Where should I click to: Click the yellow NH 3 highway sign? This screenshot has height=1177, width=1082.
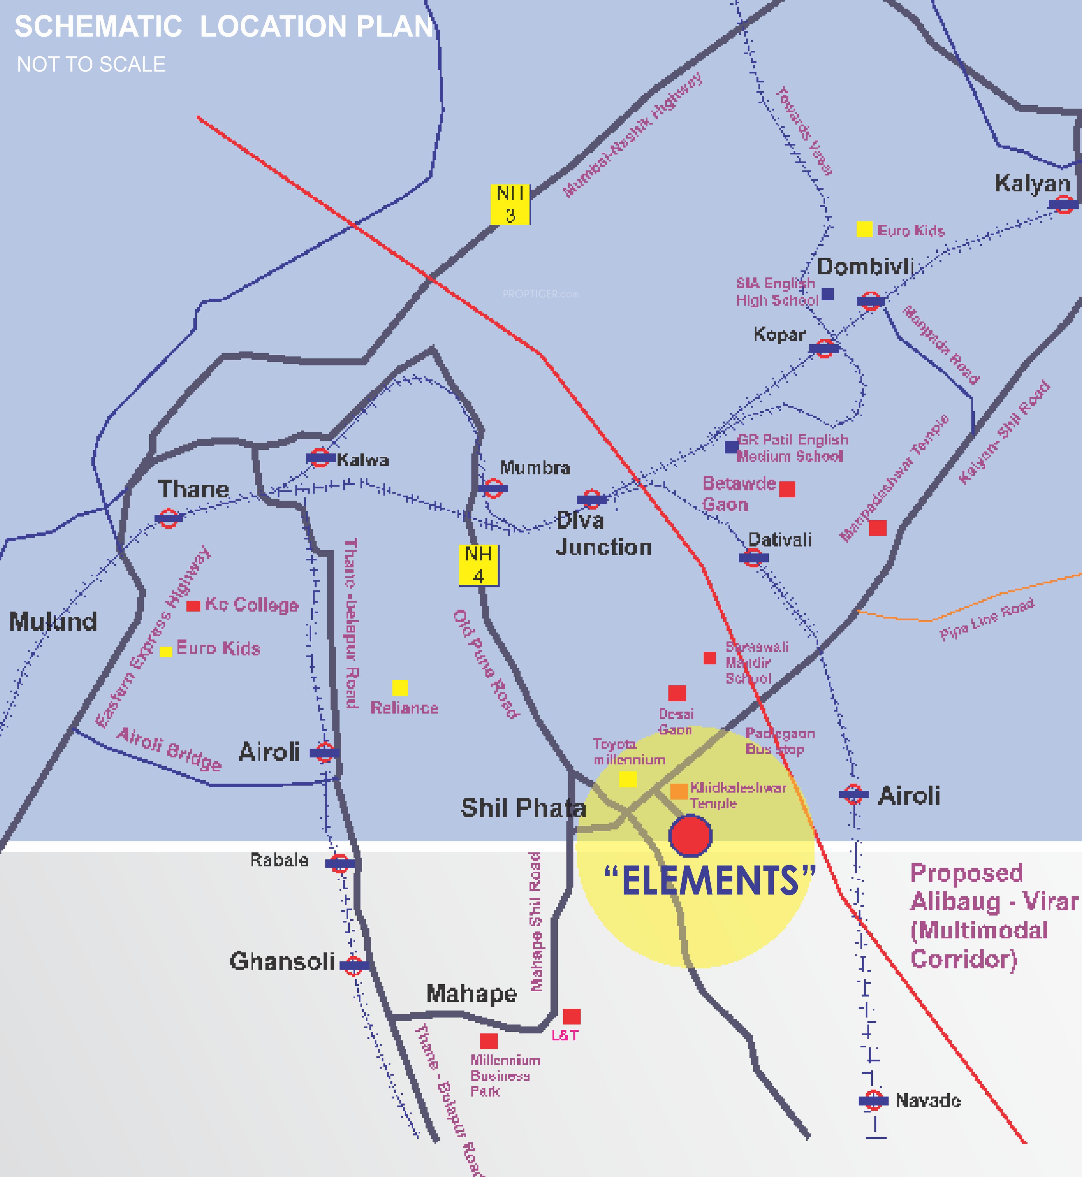pos(510,204)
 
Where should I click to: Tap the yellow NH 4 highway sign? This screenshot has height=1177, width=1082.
pos(478,565)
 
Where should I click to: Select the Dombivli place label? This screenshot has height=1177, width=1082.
pos(865,267)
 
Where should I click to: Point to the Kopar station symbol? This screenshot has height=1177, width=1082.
pos(824,348)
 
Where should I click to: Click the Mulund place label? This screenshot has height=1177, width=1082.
pos(53,621)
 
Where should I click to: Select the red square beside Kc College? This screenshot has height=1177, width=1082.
pos(193,606)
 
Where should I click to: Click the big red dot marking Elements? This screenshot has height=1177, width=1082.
pos(690,835)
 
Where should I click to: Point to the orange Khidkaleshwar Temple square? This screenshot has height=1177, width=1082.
pos(679,791)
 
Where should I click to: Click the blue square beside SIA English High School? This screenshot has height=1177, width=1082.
pos(827,294)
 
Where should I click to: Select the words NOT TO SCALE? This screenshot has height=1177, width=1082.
pos(91,65)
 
